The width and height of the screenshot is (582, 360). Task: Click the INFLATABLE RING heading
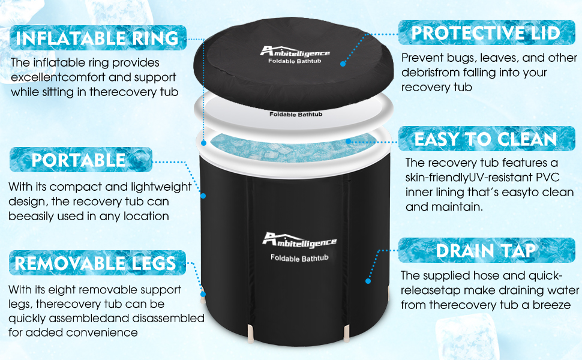pos(97,38)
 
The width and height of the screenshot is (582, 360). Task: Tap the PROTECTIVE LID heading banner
pos(486,32)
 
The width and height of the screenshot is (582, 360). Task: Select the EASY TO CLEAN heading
pos(486,139)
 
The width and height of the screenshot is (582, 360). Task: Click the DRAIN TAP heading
pos(486,250)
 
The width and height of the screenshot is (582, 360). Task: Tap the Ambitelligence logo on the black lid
pos(295,52)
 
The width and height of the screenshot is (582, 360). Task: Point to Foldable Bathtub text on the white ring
pos(296,115)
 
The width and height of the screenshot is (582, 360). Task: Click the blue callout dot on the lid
pos(343,64)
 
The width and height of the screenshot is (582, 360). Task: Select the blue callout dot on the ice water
pos(348,141)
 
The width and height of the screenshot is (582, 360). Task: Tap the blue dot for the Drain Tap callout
pos(368,281)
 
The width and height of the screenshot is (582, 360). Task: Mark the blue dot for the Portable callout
pos(203,196)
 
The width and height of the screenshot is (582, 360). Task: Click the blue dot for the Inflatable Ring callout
pos(203,143)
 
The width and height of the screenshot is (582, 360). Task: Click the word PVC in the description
pos(547,177)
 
